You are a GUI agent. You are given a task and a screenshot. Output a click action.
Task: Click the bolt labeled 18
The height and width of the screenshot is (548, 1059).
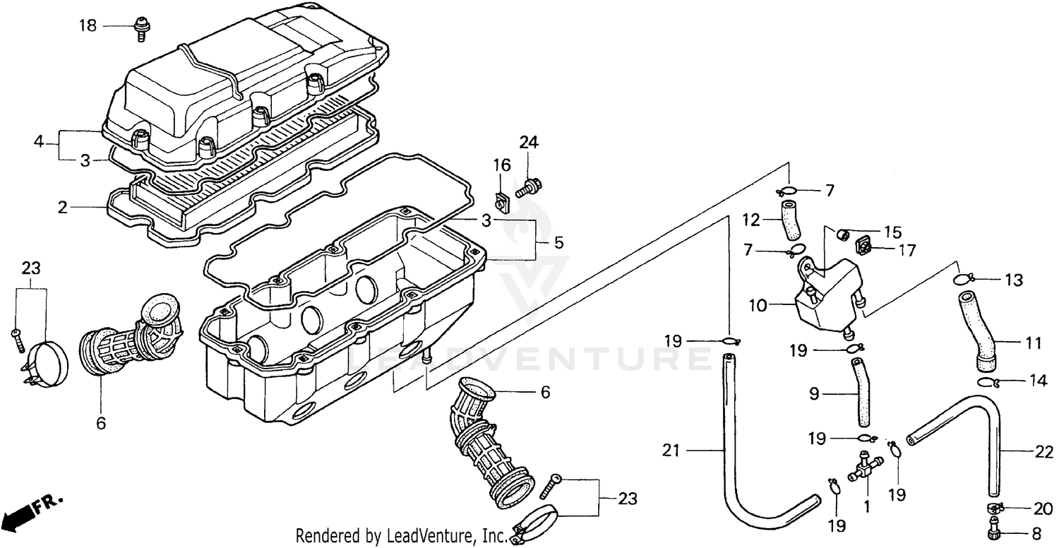[140, 28]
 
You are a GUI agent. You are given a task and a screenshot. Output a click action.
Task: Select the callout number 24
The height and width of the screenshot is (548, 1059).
[529, 143]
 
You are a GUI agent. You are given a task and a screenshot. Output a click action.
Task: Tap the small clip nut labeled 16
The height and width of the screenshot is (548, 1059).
[503, 202]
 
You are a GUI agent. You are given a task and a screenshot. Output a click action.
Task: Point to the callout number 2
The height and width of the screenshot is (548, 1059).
[64, 208]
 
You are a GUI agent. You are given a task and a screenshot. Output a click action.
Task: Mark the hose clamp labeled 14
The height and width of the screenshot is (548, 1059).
[986, 383]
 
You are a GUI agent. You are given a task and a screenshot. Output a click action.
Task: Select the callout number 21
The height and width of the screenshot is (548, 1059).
[671, 449]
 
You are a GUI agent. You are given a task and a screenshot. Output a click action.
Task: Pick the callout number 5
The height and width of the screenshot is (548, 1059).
[558, 243]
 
